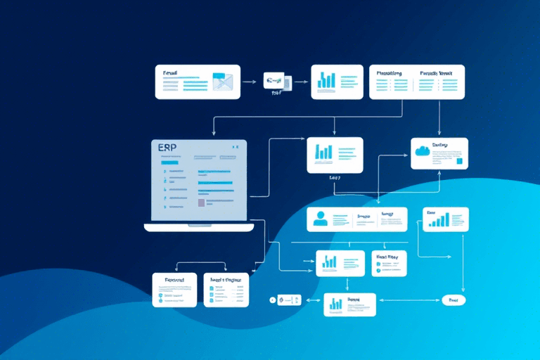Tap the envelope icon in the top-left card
222,82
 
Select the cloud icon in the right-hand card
423,150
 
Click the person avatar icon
321,219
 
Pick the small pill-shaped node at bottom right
453,300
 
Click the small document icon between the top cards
276,82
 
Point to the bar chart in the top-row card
326,80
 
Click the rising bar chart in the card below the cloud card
439,220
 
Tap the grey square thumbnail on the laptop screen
202,202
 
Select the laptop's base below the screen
199,227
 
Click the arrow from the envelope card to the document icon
249,82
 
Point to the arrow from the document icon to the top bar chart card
300,82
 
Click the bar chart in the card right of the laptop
323,152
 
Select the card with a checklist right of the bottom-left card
226,290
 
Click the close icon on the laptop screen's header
237,147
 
